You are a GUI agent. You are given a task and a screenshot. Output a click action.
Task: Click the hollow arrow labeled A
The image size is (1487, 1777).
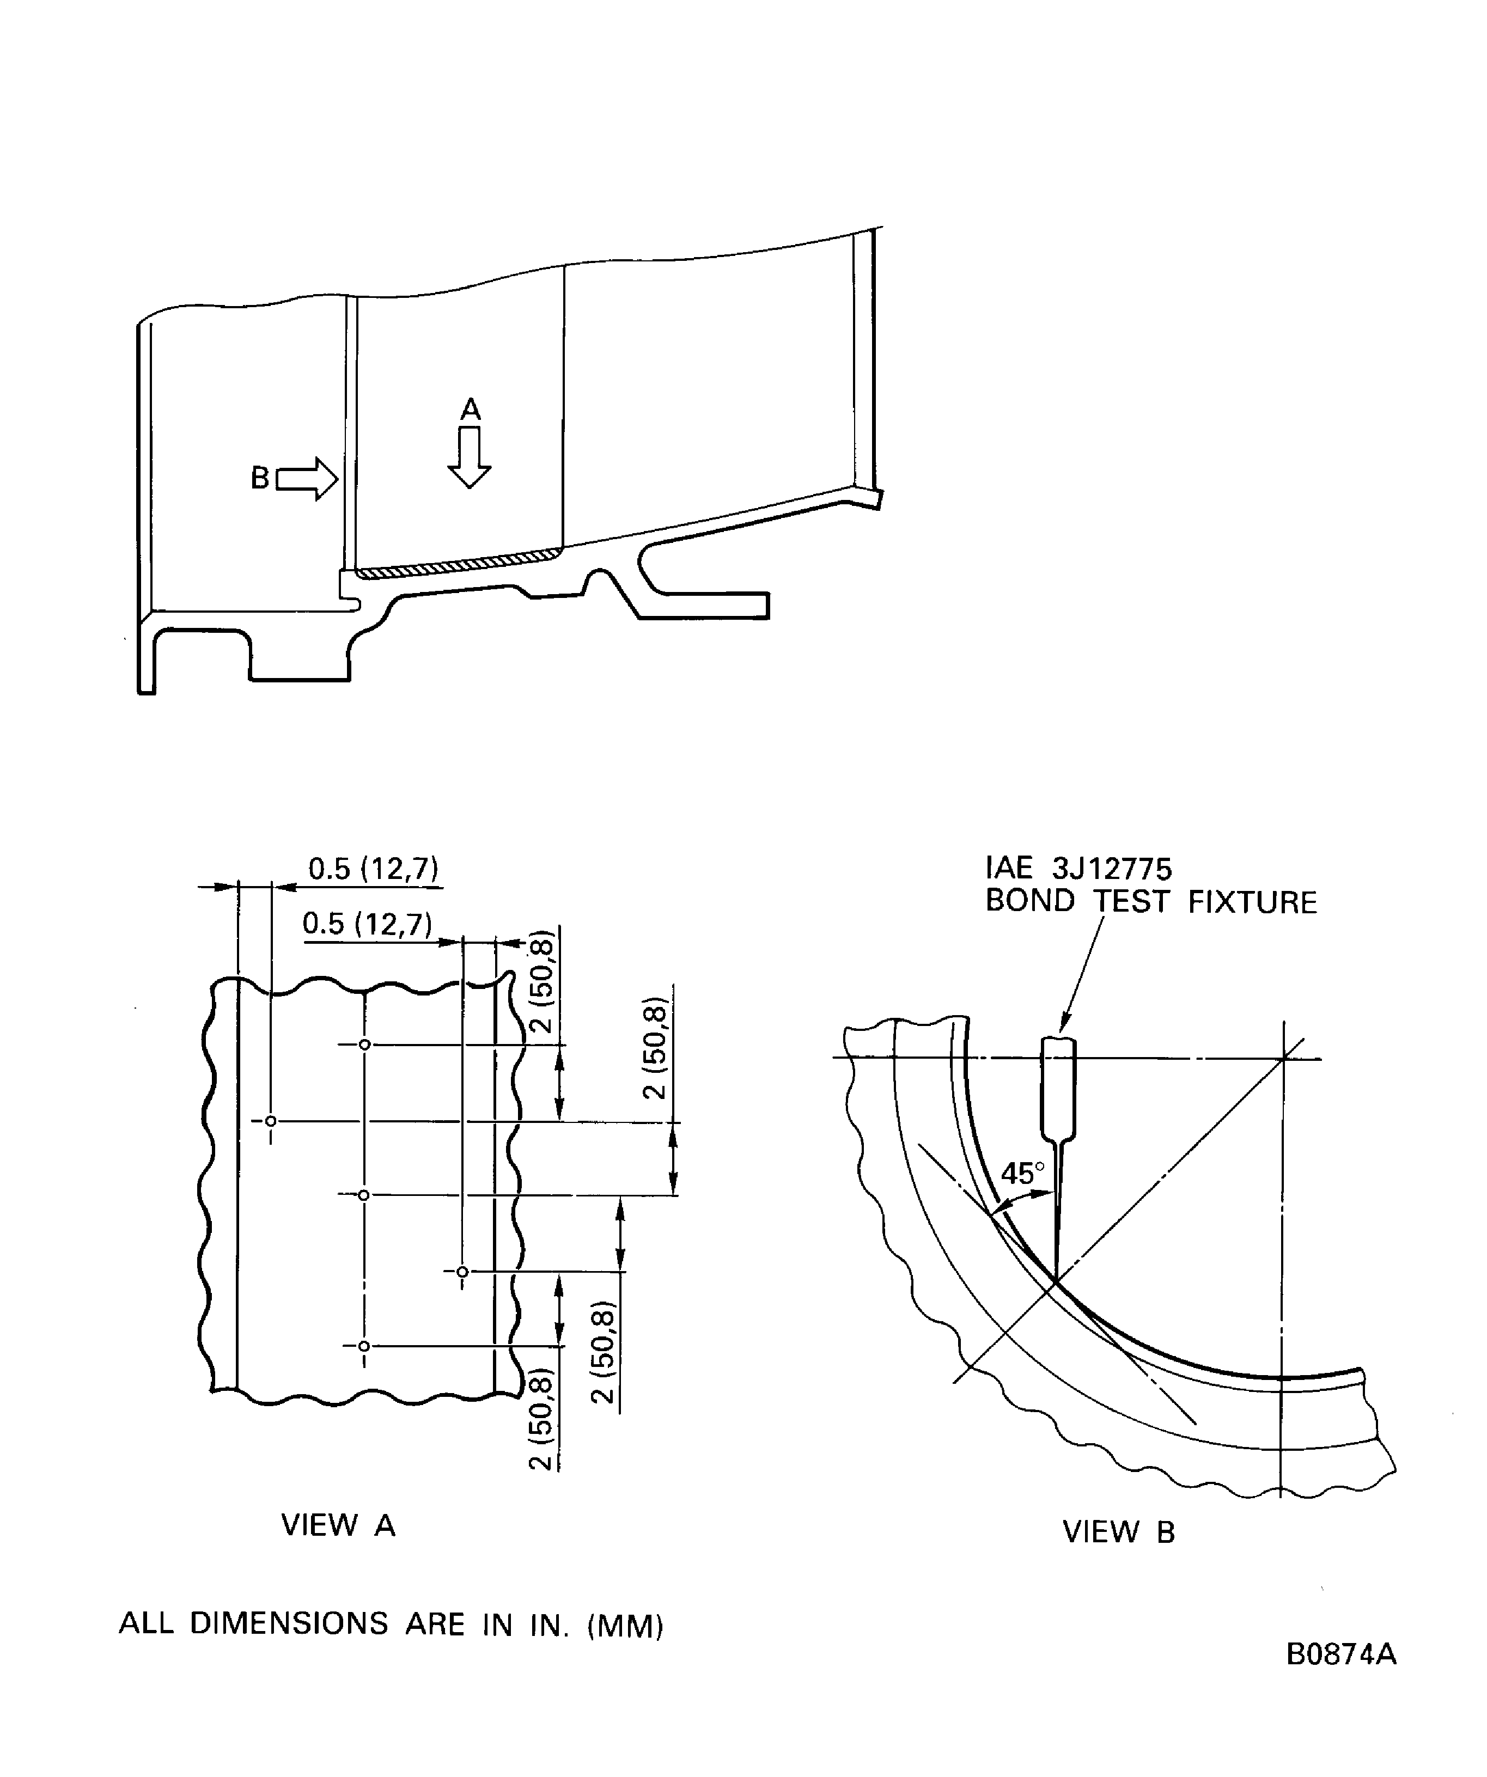pos(469,457)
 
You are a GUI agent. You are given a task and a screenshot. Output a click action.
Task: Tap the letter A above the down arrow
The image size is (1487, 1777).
pos(471,410)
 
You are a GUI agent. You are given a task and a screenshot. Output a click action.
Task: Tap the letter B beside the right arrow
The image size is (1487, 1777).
pos(260,478)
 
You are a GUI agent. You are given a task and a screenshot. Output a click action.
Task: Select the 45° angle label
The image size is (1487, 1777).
pos(1022,1174)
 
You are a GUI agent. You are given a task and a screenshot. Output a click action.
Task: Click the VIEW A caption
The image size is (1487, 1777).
pos(339,1526)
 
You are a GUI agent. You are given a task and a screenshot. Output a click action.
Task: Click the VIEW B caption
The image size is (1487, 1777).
pos(1119,1532)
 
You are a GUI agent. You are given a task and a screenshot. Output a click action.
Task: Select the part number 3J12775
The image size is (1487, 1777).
pos(1112,869)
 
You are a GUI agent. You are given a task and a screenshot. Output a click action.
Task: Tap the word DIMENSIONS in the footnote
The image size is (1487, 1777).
pos(289,1624)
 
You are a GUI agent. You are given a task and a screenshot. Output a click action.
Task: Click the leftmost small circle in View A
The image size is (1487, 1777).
pos(271,1121)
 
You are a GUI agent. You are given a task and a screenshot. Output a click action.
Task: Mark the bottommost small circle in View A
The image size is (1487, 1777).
pos(364,1346)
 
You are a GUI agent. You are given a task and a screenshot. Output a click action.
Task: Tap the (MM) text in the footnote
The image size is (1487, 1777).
pos(625,1626)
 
